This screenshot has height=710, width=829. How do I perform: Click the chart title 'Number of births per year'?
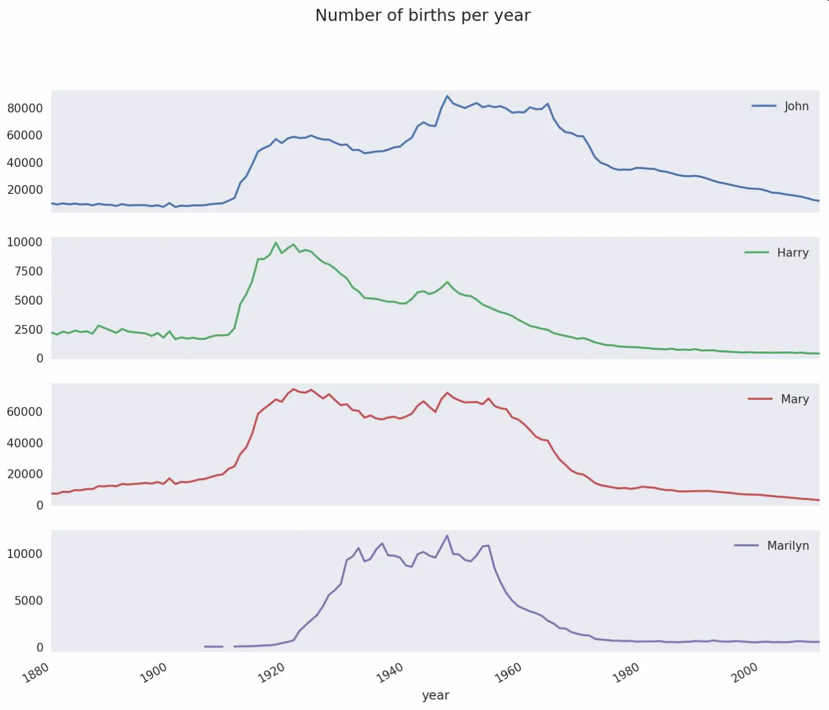point(423,15)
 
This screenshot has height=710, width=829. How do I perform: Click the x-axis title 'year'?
point(436,695)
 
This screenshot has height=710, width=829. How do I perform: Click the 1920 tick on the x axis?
point(272,672)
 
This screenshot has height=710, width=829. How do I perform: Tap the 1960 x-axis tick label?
point(508,672)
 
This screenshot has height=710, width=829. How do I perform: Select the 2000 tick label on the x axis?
point(744,672)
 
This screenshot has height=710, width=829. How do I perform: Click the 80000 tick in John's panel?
point(25,108)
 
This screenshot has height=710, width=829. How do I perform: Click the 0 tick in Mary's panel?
point(40,506)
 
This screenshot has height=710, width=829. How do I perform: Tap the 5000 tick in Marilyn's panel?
point(28,601)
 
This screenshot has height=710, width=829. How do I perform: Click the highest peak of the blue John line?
point(447,96)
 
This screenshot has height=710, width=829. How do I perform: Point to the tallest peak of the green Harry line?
point(276,243)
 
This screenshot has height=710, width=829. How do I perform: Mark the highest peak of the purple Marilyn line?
point(447,535)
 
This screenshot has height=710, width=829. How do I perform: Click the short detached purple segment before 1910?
point(213,646)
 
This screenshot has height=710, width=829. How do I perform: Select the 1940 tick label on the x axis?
point(390,672)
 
